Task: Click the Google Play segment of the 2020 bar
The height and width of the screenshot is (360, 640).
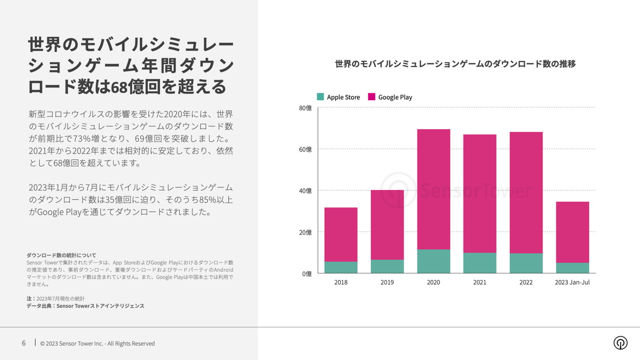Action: click(x=434, y=189)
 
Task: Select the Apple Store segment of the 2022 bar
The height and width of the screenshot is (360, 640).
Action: click(x=526, y=263)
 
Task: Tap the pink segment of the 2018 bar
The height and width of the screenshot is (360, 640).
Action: click(x=341, y=235)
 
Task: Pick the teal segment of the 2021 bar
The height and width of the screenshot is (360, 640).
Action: click(x=479, y=263)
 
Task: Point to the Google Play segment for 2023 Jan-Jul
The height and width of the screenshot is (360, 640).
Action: click(x=572, y=232)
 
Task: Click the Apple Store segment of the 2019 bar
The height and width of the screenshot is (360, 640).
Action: click(x=387, y=267)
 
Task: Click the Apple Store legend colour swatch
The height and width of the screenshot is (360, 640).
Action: click(x=321, y=97)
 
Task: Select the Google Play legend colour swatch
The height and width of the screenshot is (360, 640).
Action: click(x=372, y=97)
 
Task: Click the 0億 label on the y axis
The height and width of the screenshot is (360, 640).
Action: click(x=307, y=274)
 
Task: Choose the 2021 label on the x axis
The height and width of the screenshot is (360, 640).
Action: click(x=479, y=282)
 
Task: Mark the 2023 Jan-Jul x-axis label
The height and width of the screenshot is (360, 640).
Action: click(x=572, y=282)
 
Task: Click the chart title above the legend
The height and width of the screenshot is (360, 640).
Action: click(x=455, y=64)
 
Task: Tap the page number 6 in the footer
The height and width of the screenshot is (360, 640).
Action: click(x=23, y=343)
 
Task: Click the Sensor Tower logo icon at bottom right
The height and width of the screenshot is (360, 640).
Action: click(x=620, y=343)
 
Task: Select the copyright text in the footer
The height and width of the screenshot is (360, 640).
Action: click(x=98, y=343)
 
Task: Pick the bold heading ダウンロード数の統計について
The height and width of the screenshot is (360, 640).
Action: click(x=61, y=255)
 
